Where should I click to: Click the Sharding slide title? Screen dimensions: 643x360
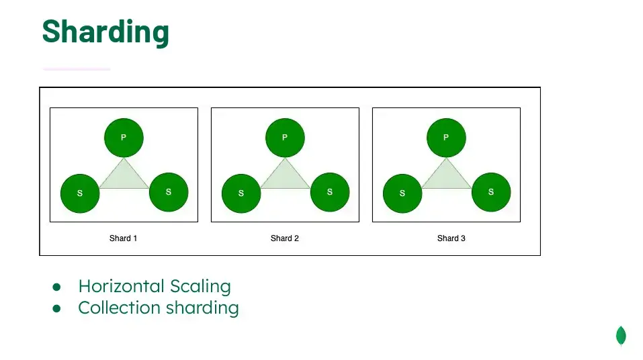[105, 32]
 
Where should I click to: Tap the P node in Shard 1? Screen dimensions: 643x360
[124, 138]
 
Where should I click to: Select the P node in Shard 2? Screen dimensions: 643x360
[285, 138]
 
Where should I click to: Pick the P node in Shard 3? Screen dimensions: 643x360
[446, 138]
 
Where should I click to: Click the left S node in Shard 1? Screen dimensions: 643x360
[80, 193]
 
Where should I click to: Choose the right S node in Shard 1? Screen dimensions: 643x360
[169, 192]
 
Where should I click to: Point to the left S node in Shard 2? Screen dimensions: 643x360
[241, 193]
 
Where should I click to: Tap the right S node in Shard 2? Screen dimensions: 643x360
[330, 192]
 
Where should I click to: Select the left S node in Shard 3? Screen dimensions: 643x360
[402, 193]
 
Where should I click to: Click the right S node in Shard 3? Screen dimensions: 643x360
[491, 192]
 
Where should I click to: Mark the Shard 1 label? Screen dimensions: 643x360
[123, 238]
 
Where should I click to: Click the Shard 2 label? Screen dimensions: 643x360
[285, 238]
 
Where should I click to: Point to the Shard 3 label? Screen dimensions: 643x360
[451, 238]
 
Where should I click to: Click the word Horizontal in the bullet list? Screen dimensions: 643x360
[122, 286]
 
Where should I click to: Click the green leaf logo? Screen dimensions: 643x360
[621, 336]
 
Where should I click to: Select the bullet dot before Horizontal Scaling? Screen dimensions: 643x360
[56, 287]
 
